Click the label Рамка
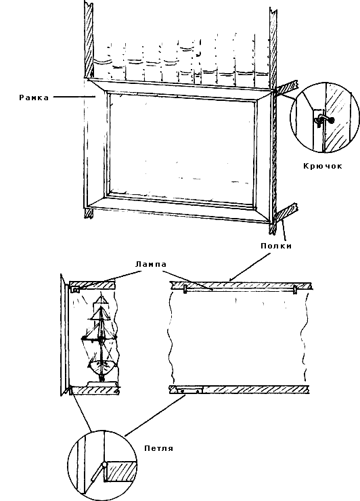click(x=34, y=97)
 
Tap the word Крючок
click(x=323, y=166)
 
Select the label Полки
click(x=276, y=246)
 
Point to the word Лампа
click(x=151, y=264)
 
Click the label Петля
click(x=159, y=448)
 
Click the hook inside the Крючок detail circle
click(x=323, y=120)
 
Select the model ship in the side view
click(x=100, y=339)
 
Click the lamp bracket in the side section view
click(x=75, y=290)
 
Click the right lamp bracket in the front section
click(x=295, y=289)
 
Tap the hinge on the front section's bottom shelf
click(x=189, y=391)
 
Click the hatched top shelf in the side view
click(x=92, y=284)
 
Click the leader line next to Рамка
click(x=74, y=96)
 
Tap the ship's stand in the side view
click(x=102, y=383)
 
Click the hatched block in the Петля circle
click(x=121, y=471)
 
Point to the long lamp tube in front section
click(x=240, y=289)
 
